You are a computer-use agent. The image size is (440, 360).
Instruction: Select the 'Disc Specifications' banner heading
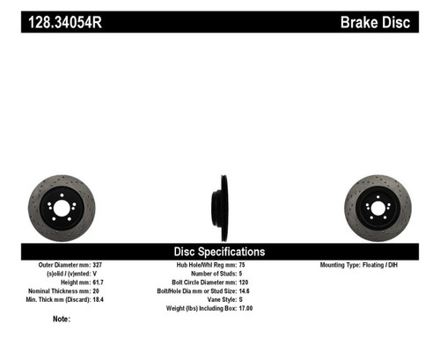221,252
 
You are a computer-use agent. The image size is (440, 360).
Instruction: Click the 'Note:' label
62,319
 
